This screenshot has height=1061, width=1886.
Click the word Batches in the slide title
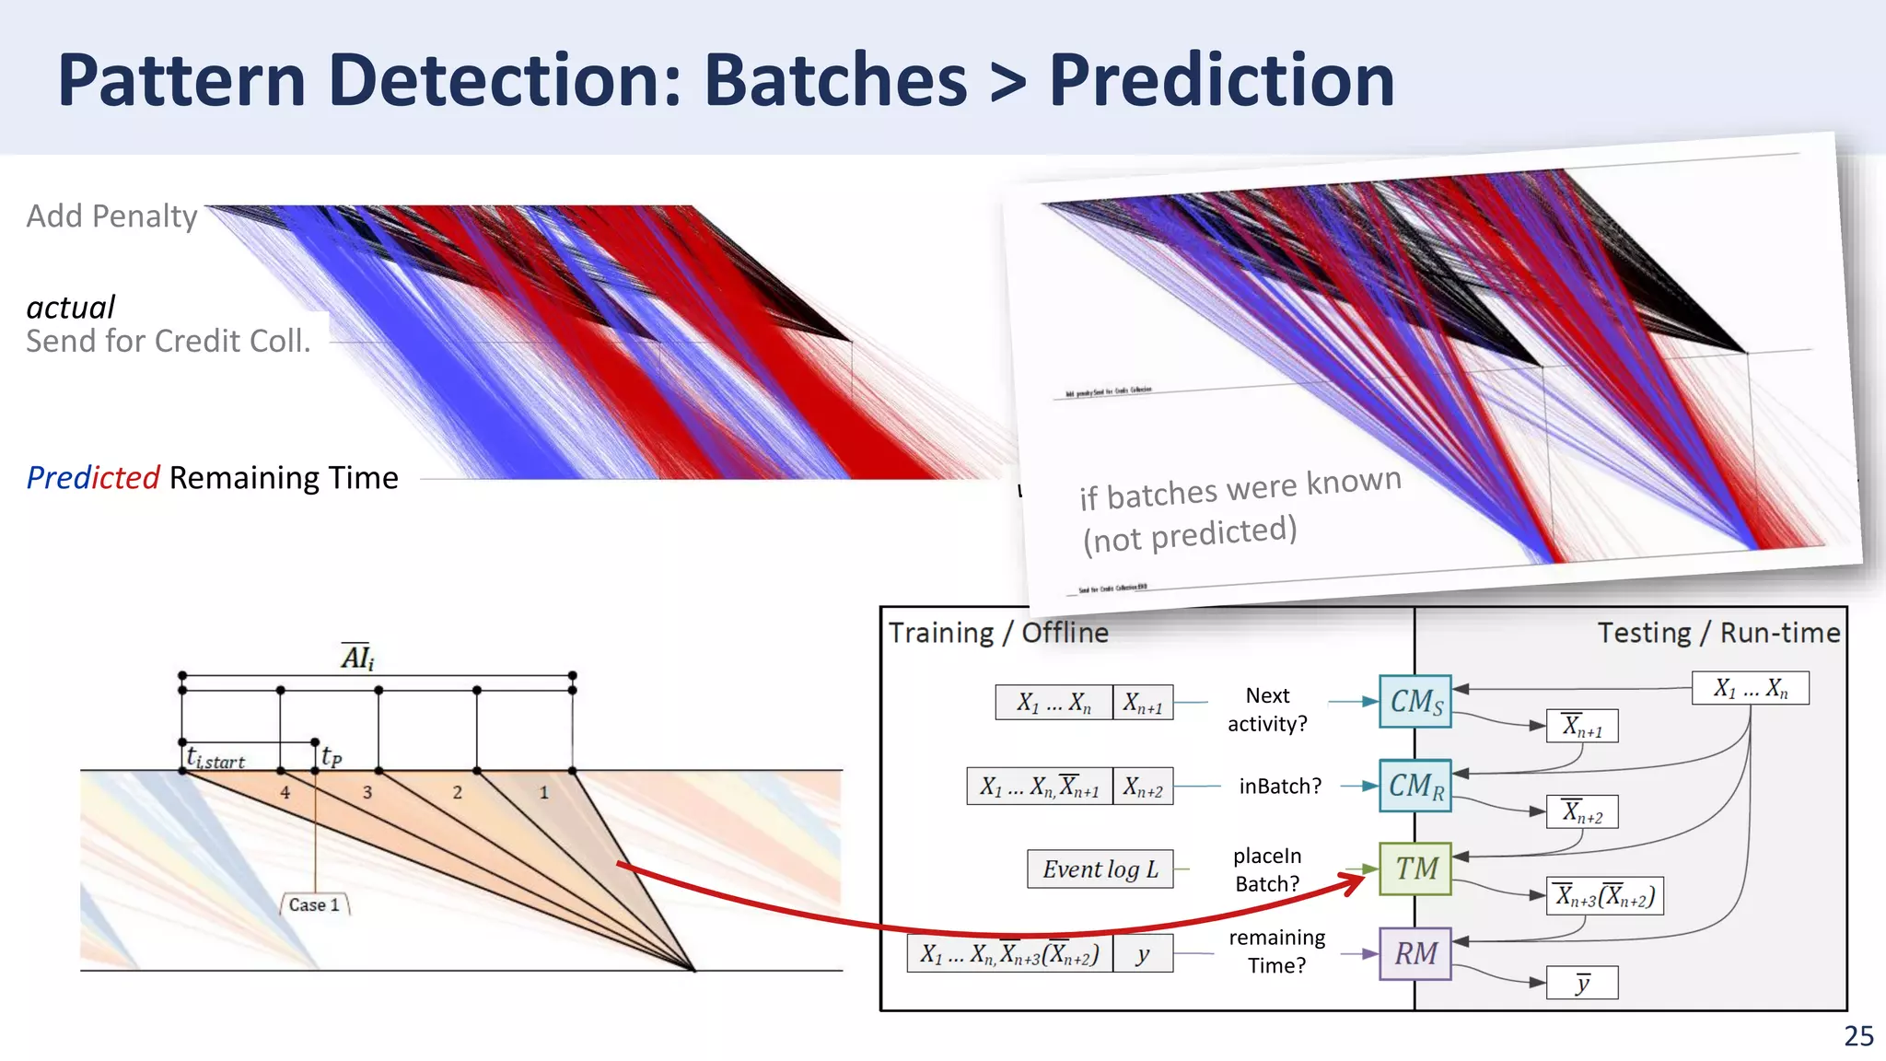(x=835, y=81)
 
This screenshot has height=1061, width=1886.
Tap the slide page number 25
(x=1858, y=1036)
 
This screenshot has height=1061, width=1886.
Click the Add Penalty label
(x=111, y=216)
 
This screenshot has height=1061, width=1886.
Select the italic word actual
(x=71, y=307)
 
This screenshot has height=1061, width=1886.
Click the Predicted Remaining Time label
(x=213, y=478)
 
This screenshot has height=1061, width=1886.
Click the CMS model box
(x=1415, y=702)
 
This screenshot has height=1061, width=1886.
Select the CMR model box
(x=1415, y=786)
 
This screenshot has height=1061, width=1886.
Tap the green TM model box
(x=1415, y=869)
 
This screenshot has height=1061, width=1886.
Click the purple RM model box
(x=1415, y=953)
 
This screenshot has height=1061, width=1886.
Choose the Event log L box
(x=1100, y=869)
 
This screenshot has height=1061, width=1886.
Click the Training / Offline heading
(x=998, y=633)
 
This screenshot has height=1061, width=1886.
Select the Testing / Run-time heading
(x=1718, y=633)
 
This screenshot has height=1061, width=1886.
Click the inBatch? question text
(x=1279, y=786)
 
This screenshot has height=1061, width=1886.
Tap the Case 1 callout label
(x=314, y=904)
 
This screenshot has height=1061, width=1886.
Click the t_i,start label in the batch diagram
(x=215, y=759)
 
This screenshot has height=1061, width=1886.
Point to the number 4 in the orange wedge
(x=285, y=792)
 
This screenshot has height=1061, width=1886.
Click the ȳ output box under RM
(x=1582, y=983)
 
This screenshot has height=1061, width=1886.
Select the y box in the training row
(x=1143, y=954)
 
